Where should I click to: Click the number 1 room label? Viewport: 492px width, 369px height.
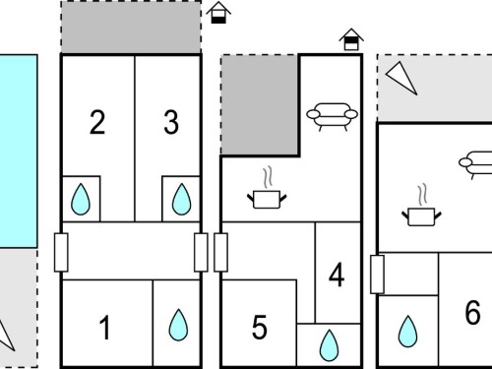coord(105,328)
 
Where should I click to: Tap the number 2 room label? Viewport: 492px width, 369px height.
coord(97,122)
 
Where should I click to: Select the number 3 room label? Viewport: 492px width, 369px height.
coord(171,122)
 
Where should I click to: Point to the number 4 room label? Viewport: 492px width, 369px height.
coord(337,275)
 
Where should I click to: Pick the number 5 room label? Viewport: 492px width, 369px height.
coord(260,327)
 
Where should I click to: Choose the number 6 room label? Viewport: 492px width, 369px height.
coord(472,312)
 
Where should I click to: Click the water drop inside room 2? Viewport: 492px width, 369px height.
coord(81,199)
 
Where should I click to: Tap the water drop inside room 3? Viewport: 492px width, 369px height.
coord(181,199)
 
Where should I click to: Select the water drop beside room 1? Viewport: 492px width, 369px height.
coord(178,325)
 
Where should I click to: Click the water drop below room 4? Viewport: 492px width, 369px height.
coord(329,345)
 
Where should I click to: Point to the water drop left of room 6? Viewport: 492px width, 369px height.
coord(407,332)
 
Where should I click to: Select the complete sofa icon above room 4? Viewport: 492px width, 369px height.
coord(332,117)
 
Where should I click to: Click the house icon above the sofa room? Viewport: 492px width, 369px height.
coord(351,39)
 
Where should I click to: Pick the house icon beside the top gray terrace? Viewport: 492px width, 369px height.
coord(218,13)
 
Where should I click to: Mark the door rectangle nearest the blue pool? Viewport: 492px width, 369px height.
coord(61,252)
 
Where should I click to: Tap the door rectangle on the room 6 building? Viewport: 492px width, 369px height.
coord(377,275)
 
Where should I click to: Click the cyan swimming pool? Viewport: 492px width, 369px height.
coord(19,152)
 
